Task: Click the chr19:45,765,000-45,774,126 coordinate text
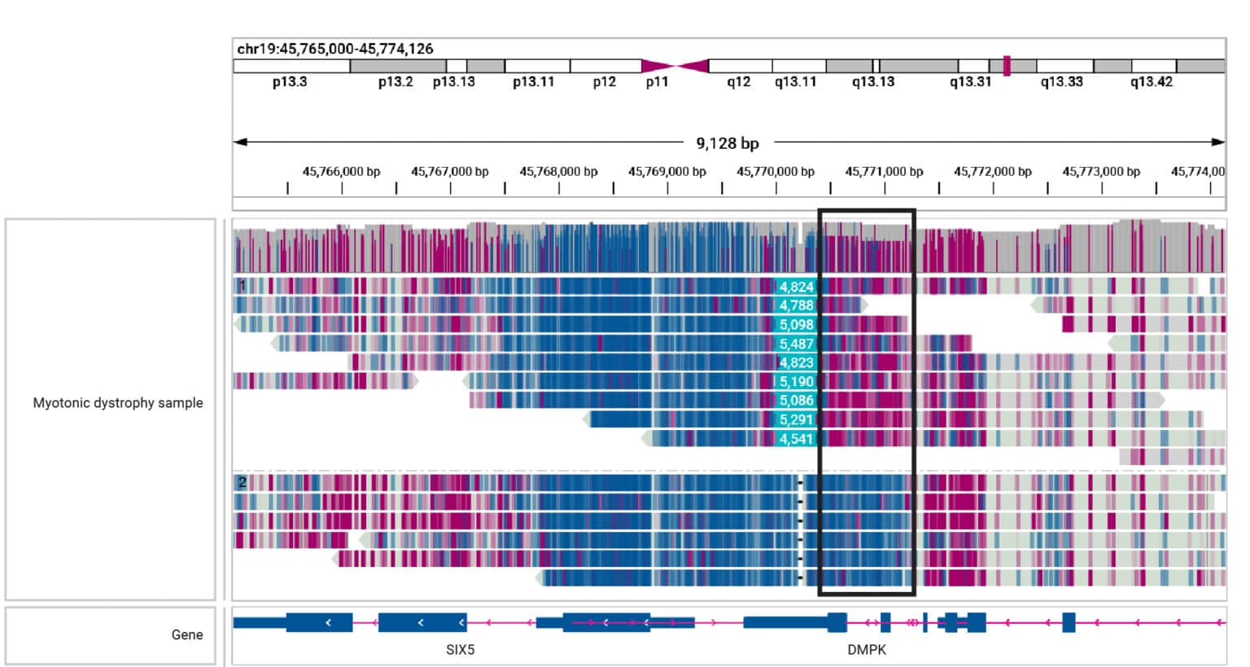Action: tap(335, 49)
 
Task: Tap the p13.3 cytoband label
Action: tap(290, 82)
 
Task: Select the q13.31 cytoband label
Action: tap(970, 82)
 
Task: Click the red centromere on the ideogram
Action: tap(675, 66)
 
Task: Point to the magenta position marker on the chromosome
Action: tap(1007, 66)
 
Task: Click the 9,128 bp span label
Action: tap(727, 143)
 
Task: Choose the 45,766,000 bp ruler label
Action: tap(341, 172)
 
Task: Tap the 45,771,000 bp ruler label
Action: tap(884, 172)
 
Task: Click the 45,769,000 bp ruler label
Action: tap(667, 172)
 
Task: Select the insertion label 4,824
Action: tap(796, 287)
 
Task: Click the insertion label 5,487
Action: tap(796, 344)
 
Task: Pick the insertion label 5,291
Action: tap(796, 419)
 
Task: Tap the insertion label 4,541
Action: tap(796, 439)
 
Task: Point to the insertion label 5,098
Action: tap(796, 324)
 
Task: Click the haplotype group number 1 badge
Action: tap(242, 286)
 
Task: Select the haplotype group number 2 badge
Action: tap(242, 482)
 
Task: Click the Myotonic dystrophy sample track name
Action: tap(118, 403)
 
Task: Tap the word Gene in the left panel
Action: tap(187, 635)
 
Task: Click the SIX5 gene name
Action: tap(460, 650)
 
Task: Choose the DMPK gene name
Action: tap(867, 650)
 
